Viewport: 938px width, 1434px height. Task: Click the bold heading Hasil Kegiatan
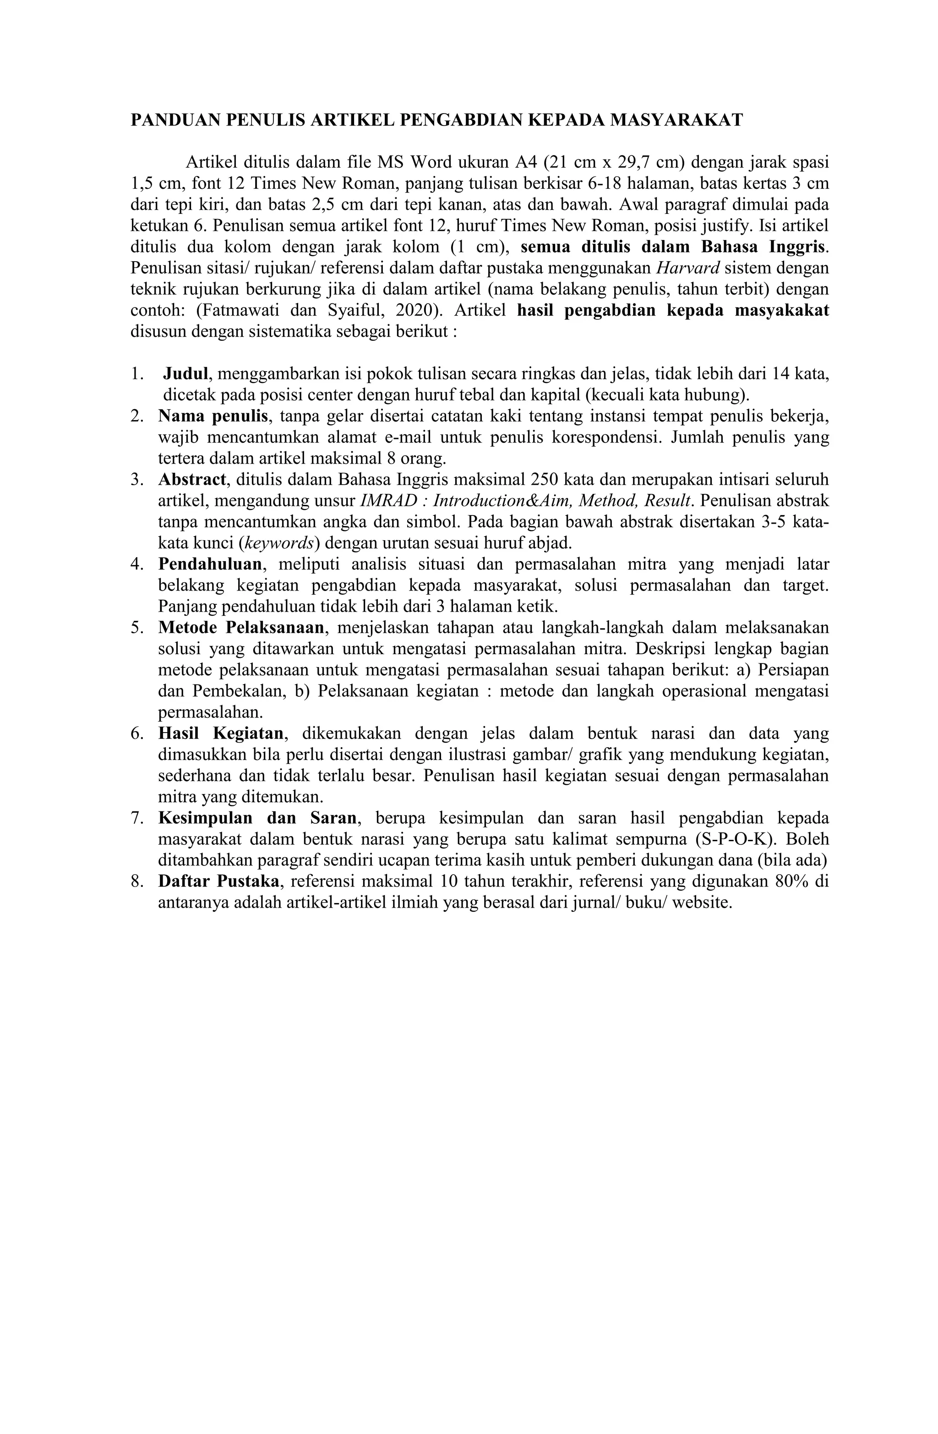click(x=220, y=733)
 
